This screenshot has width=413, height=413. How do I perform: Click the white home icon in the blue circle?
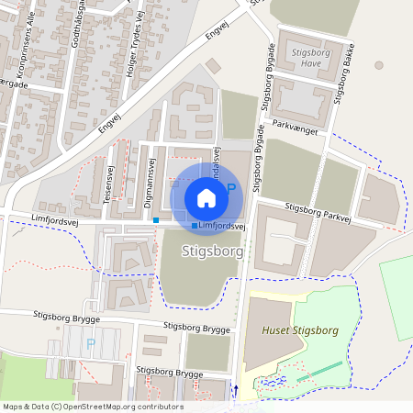coord(206,197)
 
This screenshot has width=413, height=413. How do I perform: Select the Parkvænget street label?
coord(296,130)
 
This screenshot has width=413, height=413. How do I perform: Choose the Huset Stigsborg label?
coord(300,329)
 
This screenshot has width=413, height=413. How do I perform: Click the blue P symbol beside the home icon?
coord(231,188)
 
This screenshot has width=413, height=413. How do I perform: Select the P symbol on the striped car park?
coord(90,343)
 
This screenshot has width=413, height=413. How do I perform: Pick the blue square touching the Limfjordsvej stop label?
coord(194,226)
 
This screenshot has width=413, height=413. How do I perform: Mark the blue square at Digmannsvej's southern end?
coord(156,220)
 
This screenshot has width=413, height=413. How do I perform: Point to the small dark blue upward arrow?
coord(234,389)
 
